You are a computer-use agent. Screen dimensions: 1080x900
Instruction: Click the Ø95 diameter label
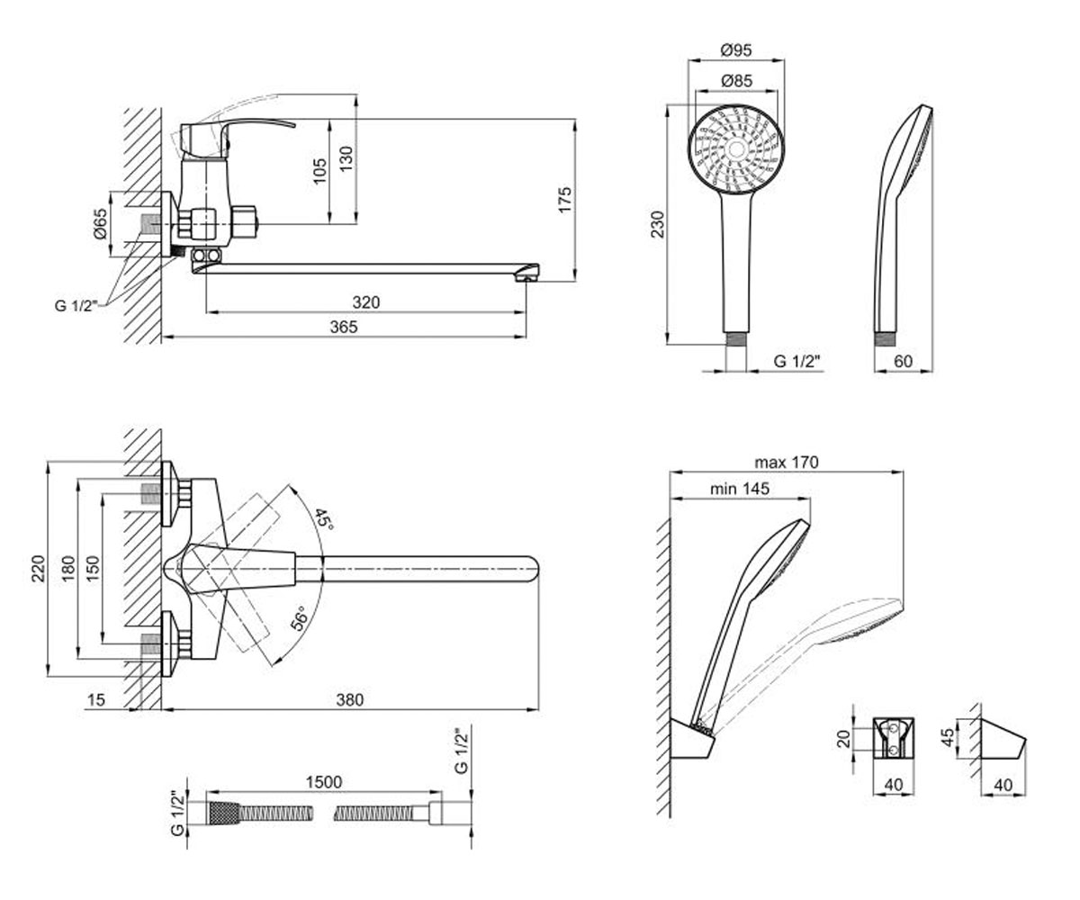(736, 50)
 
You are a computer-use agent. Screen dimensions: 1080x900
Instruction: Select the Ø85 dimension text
(736, 81)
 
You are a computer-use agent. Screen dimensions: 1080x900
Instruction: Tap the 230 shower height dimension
(657, 224)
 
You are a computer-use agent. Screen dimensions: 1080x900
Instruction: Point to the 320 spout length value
(365, 302)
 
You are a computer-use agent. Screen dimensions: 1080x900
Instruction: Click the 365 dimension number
(344, 327)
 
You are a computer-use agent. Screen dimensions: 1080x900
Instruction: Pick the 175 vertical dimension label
(565, 200)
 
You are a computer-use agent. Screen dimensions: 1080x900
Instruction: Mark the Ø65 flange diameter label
(100, 223)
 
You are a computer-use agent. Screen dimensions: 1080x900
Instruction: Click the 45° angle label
(325, 518)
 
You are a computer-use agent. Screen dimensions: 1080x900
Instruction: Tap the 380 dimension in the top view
(350, 700)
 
